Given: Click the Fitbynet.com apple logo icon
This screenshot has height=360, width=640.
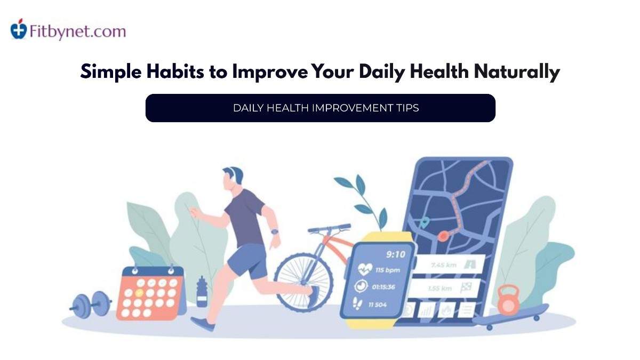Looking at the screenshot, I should (x=19, y=29).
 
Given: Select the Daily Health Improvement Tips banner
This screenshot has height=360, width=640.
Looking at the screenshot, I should (x=320, y=108).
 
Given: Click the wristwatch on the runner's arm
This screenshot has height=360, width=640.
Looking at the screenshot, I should (x=274, y=232).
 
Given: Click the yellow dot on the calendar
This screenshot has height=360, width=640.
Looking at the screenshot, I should (x=140, y=292).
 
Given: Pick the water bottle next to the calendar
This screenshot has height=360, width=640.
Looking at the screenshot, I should (x=202, y=291).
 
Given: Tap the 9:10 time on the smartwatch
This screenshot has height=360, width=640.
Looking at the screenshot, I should (x=395, y=254).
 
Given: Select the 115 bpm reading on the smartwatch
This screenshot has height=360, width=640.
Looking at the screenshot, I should (x=388, y=269).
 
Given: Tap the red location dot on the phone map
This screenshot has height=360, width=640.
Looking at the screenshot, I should (x=443, y=235).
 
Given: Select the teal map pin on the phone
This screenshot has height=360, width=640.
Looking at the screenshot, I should (x=424, y=222).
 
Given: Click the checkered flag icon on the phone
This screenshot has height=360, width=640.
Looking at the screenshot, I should (x=465, y=288).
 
